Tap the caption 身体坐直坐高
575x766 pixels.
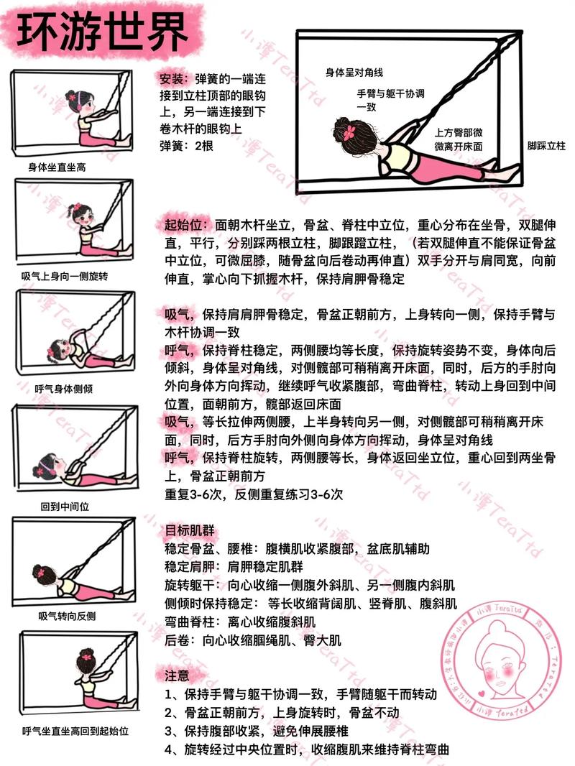pos(57,167)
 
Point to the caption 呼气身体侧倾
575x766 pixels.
pos(63,389)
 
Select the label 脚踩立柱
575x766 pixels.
pos(546,146)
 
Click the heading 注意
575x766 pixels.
pos(177,676)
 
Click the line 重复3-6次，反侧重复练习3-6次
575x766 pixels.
pos(254,494)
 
